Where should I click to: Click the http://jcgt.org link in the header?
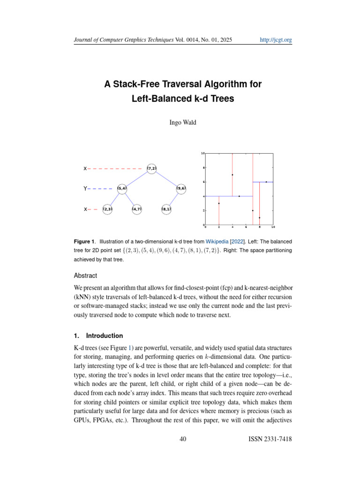(276, 40)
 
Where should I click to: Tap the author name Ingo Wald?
(183, 123)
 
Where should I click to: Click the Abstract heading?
(85, 276)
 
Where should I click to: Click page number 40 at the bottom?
(183, 439)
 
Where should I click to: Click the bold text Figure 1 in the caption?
(84, 241)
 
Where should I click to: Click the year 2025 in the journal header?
(224, 40)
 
